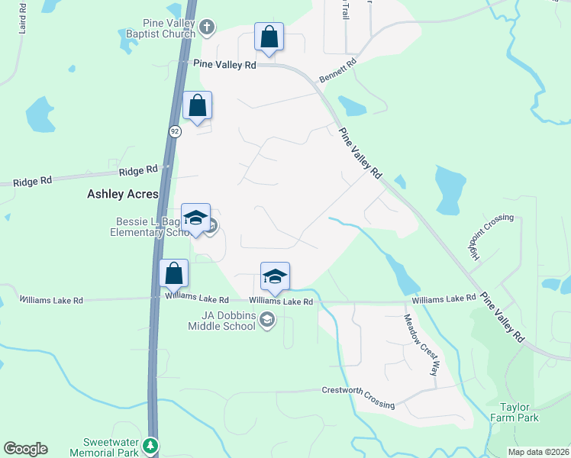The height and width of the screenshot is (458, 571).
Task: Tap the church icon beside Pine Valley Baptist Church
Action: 206,29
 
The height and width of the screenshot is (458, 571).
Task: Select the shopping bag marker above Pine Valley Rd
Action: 269,37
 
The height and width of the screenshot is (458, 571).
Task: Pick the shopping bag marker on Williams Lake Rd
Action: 174,273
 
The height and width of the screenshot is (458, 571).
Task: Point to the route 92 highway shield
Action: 176,131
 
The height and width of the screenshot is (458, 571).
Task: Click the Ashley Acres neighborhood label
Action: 122,194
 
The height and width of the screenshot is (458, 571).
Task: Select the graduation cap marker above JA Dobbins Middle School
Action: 275,277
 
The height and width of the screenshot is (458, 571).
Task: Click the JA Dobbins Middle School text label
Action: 222,321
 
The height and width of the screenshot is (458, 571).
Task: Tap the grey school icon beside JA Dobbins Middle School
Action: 267,321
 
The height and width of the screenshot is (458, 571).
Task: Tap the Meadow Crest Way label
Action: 421,345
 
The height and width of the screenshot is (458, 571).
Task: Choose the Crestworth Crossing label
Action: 358,398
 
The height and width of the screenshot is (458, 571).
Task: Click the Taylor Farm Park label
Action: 519,412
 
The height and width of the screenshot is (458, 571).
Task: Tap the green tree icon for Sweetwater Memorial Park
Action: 151,445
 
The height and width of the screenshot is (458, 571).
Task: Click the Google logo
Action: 25,449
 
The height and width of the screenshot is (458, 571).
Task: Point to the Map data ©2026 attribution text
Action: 538,452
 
